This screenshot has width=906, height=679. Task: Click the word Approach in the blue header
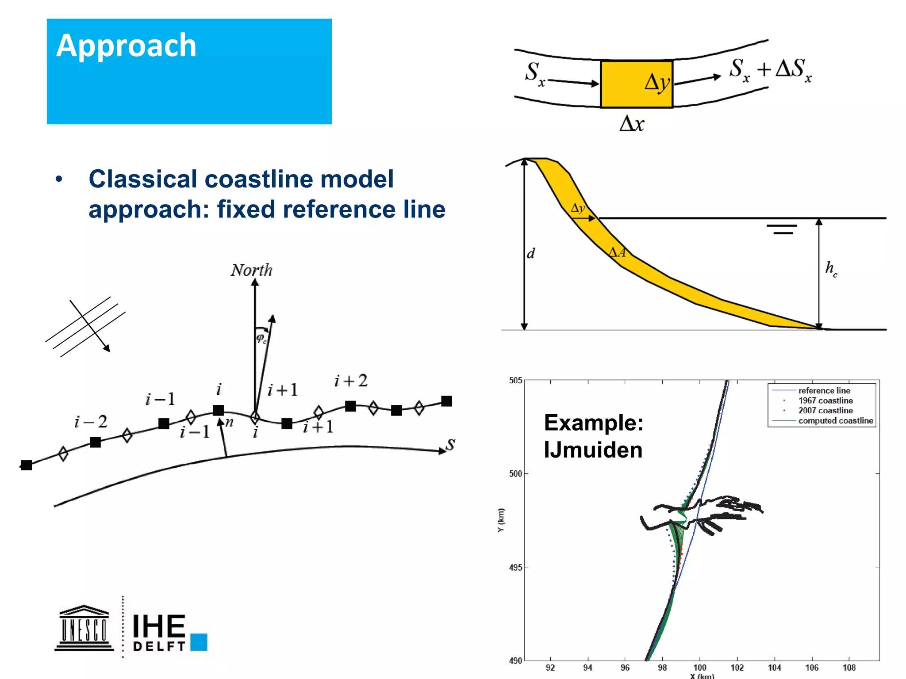point(126,46)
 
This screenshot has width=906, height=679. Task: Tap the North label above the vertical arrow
point(251,270)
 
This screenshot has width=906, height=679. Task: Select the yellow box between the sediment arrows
point(636,84)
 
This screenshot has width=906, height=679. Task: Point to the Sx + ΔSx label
point(770,70)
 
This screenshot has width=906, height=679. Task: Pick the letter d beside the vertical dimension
point(531,253)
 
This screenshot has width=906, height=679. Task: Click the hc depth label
point(831,268)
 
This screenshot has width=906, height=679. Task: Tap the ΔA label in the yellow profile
point(617,252)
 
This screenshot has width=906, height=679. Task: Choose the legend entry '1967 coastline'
point(825,401)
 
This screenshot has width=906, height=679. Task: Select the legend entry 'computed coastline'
point(835,421)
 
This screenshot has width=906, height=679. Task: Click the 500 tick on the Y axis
point(515,474)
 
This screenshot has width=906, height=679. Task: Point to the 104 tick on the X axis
point(774,668)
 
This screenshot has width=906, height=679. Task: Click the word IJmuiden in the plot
point(593,450)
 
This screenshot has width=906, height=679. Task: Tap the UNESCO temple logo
point(84,628)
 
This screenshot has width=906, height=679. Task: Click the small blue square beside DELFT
point(199,642)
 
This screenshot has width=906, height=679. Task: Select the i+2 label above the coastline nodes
point(351,381)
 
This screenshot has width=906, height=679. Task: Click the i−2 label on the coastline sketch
point(91,422)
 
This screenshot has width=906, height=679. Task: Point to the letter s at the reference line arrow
point(450,444)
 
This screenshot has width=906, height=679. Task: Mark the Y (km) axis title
point(501,520)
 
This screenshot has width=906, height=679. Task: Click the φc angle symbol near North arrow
point(261,339)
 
